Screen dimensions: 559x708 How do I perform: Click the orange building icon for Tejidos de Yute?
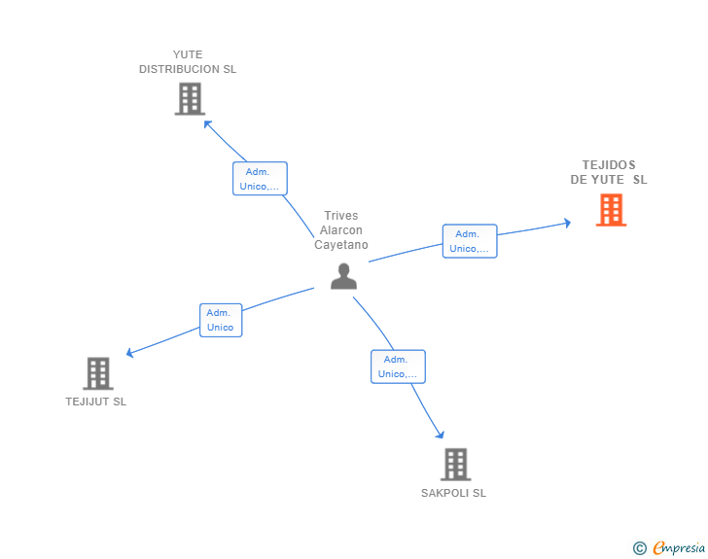[611, 210]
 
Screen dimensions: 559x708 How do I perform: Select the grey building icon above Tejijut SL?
[98, 373]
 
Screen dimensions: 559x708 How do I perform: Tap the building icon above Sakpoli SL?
[455, 465]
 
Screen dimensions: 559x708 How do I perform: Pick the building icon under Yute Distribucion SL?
[190, 99]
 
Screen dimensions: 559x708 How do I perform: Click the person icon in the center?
[343, 277]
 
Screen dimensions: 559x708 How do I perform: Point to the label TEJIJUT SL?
[96, 402]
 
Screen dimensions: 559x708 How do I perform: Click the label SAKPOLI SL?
[453, 493]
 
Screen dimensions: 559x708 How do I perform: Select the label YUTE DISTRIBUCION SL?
[188, 62]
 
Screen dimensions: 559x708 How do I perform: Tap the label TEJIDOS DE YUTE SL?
[609, 172]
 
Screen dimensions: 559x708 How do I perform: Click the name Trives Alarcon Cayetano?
[341, 230]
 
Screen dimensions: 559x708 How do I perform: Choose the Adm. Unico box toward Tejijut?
[221, 320]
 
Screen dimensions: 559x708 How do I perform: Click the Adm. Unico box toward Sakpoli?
[398, 367]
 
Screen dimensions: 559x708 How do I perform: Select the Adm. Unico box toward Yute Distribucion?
[260, 179]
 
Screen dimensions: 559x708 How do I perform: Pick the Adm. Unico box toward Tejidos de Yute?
[470, 241]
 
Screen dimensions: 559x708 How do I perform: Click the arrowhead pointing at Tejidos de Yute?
[568, 223]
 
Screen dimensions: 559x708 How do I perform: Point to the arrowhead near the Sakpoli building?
[441, 436]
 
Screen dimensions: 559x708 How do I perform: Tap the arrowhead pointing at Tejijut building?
[130, 354]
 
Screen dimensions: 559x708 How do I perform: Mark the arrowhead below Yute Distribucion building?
[207, 123]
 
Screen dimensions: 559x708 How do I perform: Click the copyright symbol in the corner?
[639, 548]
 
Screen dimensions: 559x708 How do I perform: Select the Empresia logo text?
[679, 548]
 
